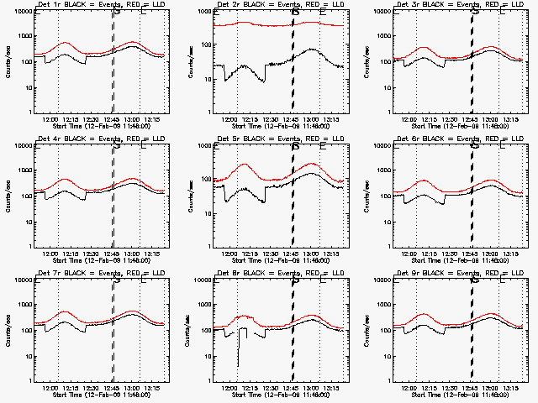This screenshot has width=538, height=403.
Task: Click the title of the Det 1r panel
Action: tap(96, 6)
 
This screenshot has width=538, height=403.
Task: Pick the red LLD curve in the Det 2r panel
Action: tap(252, 24)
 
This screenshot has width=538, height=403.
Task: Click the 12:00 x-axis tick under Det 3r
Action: tap(416, 119)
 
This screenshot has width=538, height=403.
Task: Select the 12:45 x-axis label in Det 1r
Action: tap(112, 119)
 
